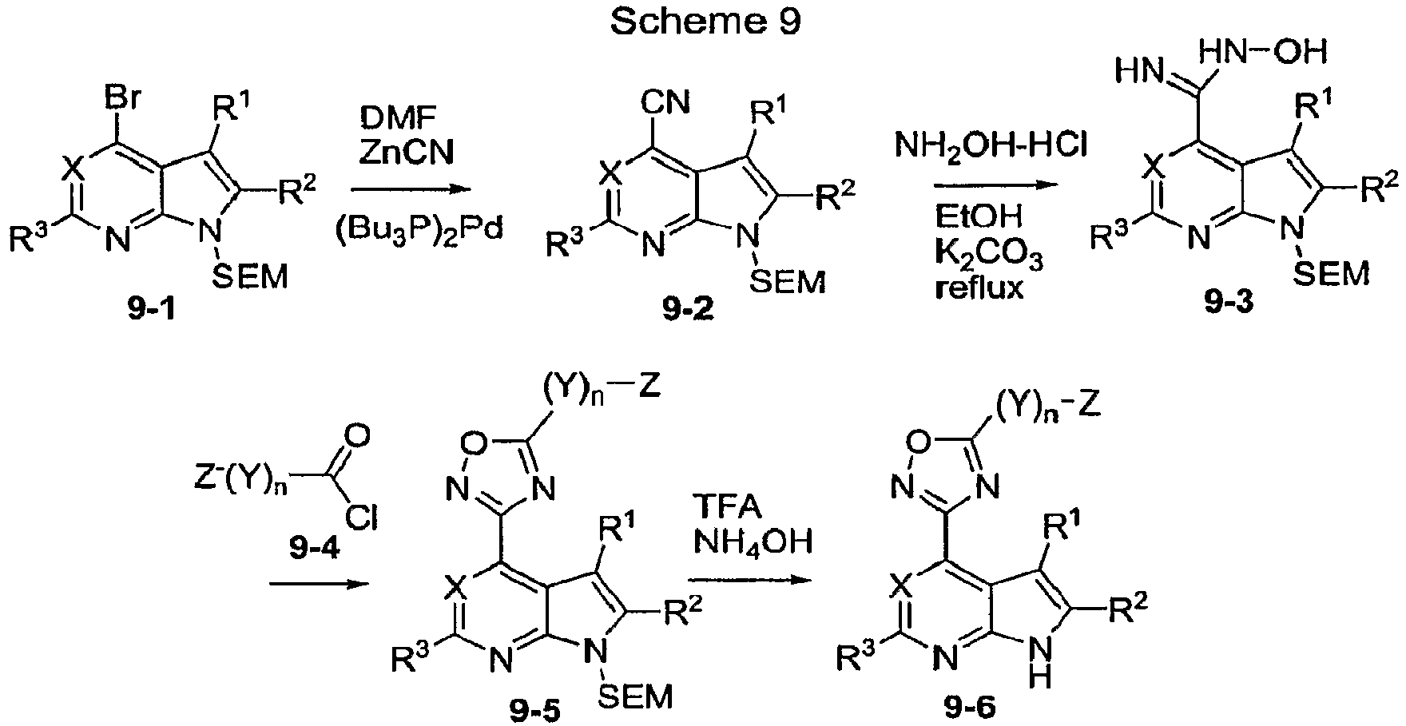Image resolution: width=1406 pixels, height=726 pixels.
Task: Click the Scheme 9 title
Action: coord(705,22)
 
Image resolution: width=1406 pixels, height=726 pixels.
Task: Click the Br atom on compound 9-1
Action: coord(125,101)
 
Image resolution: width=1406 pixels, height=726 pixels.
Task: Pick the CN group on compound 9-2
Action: coord(671,103)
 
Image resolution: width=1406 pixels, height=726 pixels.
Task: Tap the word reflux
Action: coord(979,286)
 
